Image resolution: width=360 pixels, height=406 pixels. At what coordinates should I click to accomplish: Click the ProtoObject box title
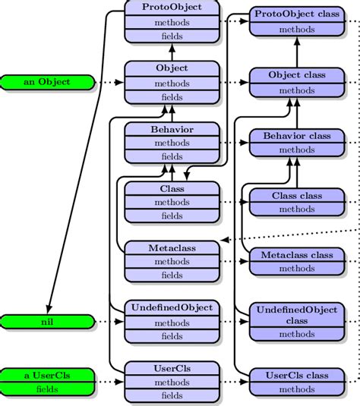172,7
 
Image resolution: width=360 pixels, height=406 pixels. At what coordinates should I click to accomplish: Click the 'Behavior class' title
297,136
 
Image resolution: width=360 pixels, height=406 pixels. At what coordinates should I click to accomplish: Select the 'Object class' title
297,75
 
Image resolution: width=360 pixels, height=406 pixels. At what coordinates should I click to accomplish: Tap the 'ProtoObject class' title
297,14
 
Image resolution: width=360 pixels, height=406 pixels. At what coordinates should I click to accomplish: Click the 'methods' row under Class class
297,209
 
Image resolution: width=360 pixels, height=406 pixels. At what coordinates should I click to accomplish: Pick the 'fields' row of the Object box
172,97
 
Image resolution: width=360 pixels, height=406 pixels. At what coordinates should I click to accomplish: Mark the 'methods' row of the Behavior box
172,143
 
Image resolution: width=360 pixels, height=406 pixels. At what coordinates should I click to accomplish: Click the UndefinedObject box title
172,308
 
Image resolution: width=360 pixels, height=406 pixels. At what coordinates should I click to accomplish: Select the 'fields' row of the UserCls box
172,395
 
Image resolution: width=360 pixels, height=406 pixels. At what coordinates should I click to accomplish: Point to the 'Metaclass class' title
297,255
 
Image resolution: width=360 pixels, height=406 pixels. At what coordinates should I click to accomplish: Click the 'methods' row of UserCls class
297,389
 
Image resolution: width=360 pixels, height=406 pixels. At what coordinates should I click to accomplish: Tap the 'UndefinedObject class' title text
297,314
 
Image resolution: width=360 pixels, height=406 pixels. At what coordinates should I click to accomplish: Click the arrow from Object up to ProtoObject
172,52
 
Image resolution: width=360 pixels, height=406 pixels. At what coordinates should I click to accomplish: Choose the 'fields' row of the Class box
172,216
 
